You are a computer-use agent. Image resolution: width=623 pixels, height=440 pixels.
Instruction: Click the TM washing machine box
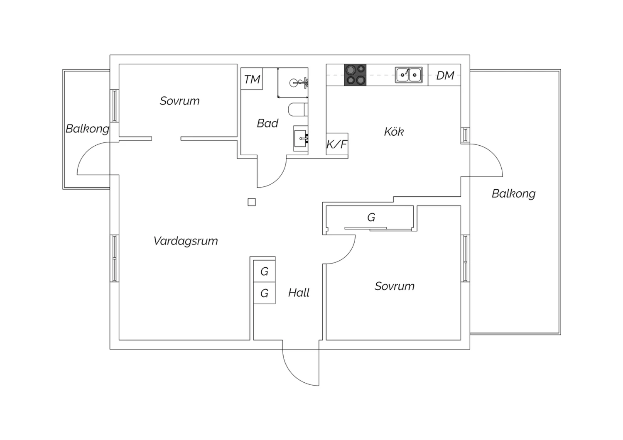pos(252,79)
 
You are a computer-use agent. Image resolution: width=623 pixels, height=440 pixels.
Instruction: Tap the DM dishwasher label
pos(445,76)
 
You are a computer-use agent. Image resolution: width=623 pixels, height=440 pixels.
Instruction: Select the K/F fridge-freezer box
pos(337,144)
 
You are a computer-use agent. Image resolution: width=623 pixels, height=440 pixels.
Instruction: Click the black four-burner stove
pos(355,75)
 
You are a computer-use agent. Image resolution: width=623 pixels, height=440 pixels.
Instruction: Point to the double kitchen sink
pos(409,75)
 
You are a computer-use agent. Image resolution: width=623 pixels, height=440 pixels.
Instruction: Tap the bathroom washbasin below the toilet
pos(300,139)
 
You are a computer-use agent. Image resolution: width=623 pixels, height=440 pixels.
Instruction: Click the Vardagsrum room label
pos(186,241)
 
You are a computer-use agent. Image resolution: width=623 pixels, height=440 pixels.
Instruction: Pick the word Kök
pos(394,132)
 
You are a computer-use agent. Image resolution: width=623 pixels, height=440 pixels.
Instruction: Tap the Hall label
pos(299,293)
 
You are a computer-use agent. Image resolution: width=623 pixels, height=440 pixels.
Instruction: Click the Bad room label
pos(267,123)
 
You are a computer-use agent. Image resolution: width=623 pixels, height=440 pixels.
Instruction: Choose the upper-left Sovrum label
pos(179,101)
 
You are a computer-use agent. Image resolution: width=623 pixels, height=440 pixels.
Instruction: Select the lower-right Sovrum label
pos(394,286)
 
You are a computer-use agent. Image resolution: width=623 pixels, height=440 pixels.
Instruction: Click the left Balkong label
pos(87,129)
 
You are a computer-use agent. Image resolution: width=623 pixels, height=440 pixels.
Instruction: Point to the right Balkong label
pos(513,193)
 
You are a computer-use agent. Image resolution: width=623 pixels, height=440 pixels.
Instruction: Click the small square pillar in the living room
pos(252,202)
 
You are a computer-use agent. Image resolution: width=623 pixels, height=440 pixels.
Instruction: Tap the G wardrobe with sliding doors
pos(371,218)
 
